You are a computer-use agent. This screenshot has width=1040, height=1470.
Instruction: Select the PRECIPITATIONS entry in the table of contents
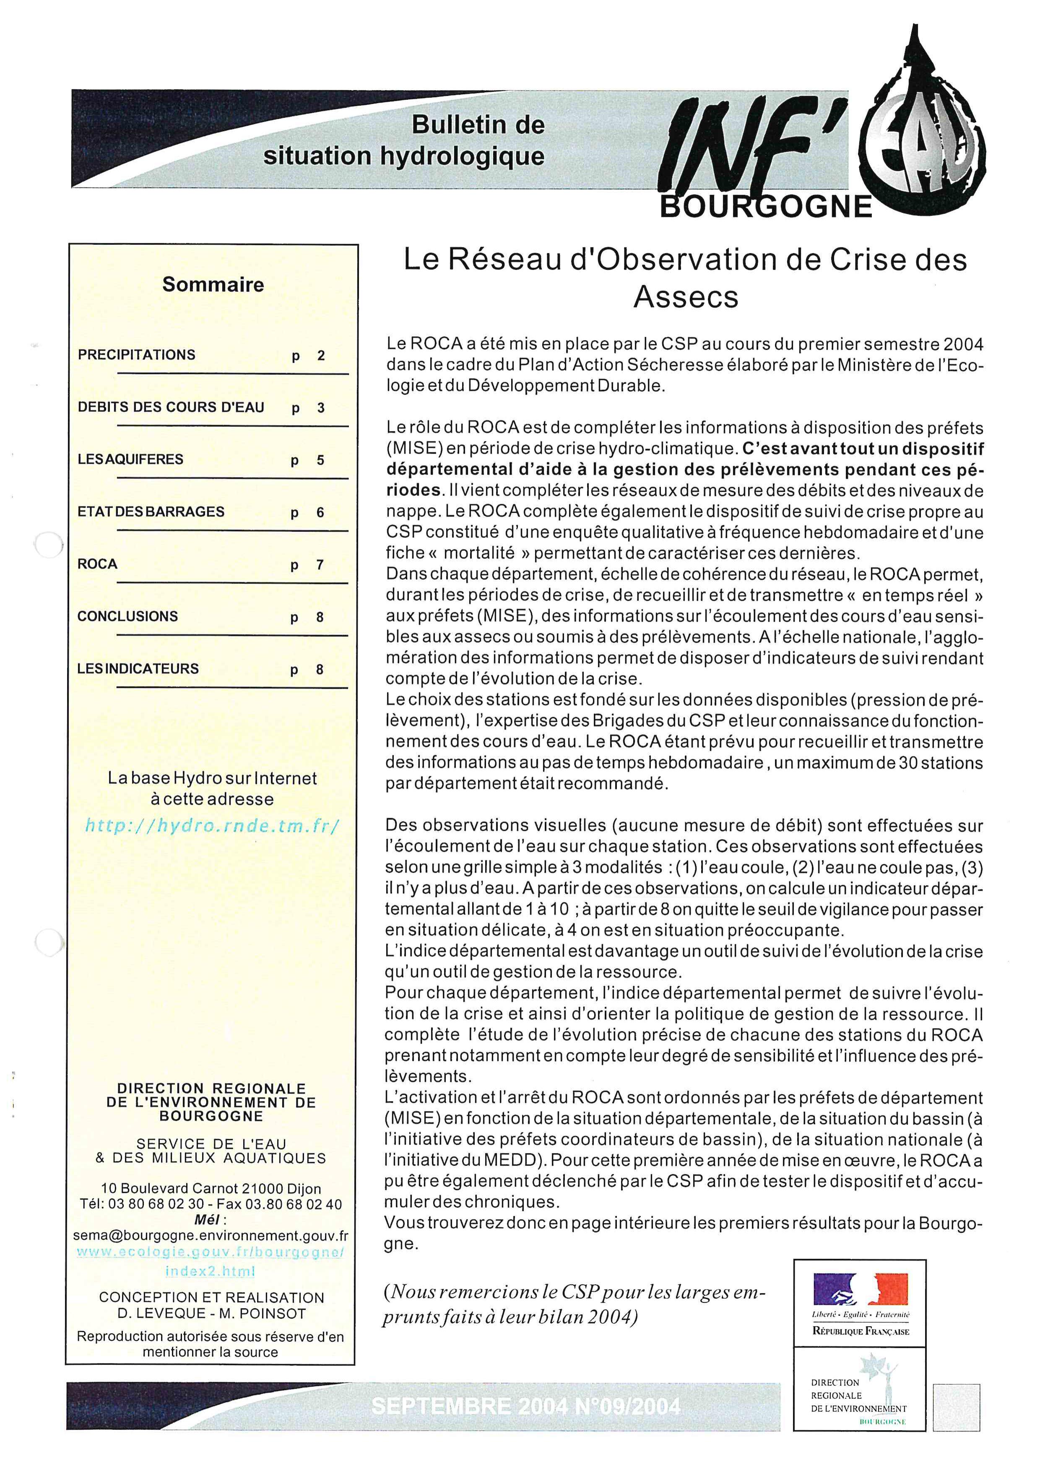click(136, 355)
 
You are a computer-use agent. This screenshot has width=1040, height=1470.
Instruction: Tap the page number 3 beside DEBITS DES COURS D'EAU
click(321, 408)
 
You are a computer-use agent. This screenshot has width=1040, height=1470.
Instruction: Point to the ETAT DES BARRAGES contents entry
click(151, 511)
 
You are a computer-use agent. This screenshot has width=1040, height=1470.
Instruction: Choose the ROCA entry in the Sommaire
click(97, 564)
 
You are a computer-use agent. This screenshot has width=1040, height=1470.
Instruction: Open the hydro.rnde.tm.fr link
click(212, 825)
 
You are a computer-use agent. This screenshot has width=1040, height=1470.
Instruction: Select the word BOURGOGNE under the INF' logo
click(765, 207)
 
